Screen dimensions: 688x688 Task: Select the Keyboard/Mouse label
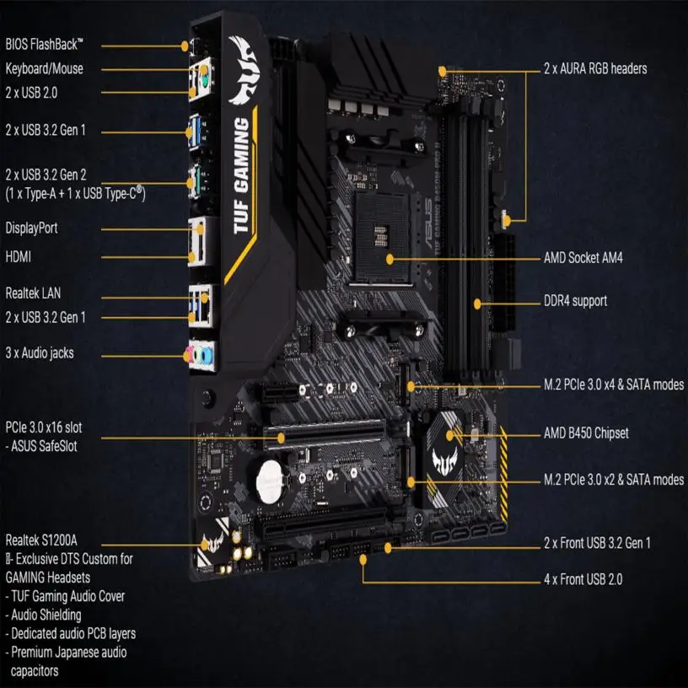tap(45, 69)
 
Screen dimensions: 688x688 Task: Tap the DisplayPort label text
tap(32, 228)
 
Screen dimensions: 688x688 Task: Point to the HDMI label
tap(19, 255)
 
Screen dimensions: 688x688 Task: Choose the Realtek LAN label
tap(33, 293)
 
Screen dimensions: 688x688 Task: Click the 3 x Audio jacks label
tap(39, 353)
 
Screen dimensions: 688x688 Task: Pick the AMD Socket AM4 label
tap(588, 256)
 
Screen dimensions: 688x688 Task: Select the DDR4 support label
tap(575, 301)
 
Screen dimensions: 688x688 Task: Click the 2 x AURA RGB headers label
tap(595, 68)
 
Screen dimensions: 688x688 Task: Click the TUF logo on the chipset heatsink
tap(445, 460)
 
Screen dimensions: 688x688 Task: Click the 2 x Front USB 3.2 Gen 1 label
tap(597, 543)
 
